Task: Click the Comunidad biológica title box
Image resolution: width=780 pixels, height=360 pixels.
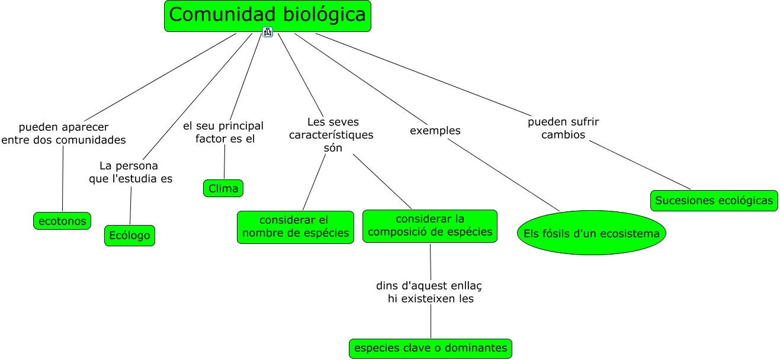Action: (x=267, y=16)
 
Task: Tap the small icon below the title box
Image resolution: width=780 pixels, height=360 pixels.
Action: (x=268, y=32)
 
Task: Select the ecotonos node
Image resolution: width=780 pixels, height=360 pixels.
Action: (x=62, y=221)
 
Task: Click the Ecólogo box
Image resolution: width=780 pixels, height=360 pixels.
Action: (x=129, y=236)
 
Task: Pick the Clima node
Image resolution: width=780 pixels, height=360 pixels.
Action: (x=223, y=189)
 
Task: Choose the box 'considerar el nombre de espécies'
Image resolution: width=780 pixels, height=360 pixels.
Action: (x=296, y=227)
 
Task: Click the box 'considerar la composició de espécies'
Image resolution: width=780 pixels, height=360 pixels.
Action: (x=430, y=226)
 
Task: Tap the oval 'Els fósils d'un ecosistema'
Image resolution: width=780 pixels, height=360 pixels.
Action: (x=592, y=233)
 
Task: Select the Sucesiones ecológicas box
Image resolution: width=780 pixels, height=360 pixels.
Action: (x=714, y=201)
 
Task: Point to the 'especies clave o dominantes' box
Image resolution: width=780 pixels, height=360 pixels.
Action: (x=430, y=348)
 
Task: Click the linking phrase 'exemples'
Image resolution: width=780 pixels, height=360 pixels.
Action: (x=435, y=130)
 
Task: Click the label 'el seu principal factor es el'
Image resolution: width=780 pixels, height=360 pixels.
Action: (x=223, y=132)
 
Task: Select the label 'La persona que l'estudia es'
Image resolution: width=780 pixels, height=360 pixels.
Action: (x=130, y=172)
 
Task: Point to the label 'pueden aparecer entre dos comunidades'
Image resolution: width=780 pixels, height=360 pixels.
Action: (x=63, y=133)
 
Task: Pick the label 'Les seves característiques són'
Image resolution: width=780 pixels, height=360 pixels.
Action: (x=331, y=134)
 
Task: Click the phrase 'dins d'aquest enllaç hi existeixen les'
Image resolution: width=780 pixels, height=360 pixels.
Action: (x=429, y=292)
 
